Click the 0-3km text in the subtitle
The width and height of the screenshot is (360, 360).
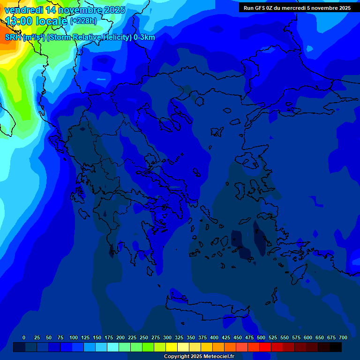[x=144, y=37]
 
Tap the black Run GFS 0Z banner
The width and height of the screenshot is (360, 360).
[x=297, y=7]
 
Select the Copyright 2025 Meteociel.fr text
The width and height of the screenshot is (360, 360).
[x=199, y=356]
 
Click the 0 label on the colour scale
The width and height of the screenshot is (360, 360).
[x=24, y=337]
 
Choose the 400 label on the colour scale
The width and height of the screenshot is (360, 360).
[x=214, y=337]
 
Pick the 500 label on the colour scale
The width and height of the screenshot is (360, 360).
[x=261, y=337]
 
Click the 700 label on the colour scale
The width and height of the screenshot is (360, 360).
[x=343, y=337]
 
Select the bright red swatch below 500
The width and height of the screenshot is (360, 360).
[x=265, y=347]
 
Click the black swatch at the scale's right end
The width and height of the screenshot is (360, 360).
[x=336, y=347]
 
